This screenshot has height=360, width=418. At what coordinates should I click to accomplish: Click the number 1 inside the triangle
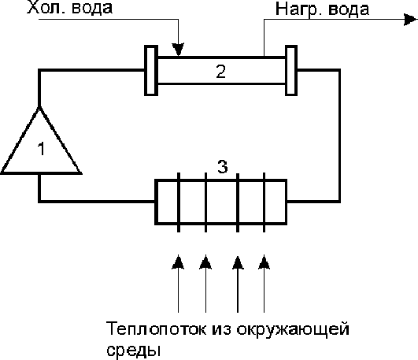coord(41,149)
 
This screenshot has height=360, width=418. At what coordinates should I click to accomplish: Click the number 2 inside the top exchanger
coord(221,72)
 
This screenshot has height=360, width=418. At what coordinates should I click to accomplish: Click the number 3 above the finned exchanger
coord(223,166)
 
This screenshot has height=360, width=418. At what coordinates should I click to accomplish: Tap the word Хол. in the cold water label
coord(44,8)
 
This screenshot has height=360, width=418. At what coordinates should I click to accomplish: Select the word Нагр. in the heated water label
coord(298,10)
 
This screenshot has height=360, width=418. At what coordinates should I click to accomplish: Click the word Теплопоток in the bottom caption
coord(156,328)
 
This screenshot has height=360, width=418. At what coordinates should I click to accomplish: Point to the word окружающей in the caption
coord(293,329)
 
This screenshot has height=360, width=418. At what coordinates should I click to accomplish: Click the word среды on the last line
coord(134,350)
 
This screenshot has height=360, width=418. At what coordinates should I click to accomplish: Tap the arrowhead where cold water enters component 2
coord(178,50)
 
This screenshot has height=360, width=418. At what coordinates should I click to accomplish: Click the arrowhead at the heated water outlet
coord(411,20)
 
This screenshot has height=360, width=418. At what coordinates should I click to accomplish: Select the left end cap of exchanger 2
coord(151,70)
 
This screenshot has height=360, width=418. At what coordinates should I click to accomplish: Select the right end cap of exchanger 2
coord(291,70)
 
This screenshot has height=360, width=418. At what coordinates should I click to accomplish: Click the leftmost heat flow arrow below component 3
coord(179,284)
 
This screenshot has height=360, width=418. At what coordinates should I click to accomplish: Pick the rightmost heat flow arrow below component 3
coord(264,284)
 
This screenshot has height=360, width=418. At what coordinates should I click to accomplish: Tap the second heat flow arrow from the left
coord(205,284)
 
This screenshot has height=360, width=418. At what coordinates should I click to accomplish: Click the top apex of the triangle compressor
coord(39,107)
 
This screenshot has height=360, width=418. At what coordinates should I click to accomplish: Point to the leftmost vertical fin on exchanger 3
coord(179,202)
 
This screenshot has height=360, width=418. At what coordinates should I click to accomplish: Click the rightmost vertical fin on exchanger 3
coord(264,202)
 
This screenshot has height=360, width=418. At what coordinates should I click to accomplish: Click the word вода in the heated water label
coord(349,9)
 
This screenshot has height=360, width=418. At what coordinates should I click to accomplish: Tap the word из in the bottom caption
coord(221,329)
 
